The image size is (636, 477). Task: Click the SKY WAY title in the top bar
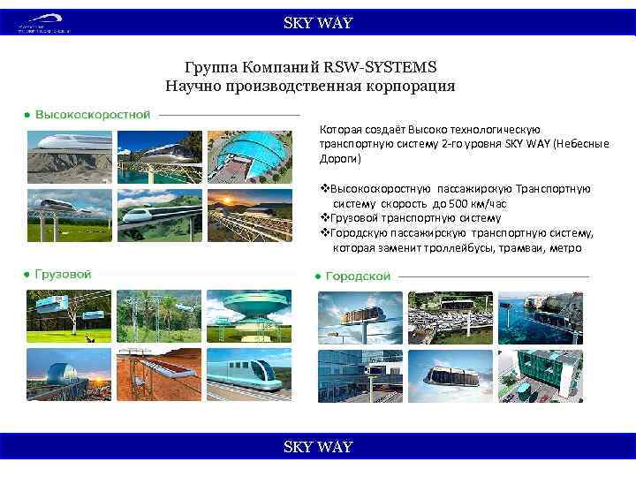coord(317,23)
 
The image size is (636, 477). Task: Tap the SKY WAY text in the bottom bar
coord(317,447)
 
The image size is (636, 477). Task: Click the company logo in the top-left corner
coord(43,24)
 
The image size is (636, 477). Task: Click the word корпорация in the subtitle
coord(410,86)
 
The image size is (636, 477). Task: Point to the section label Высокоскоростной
coord(93,114)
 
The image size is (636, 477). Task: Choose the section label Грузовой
coord(63,275)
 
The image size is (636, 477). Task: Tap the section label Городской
coord(358,276)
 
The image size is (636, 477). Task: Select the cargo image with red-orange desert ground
coord(159,374)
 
